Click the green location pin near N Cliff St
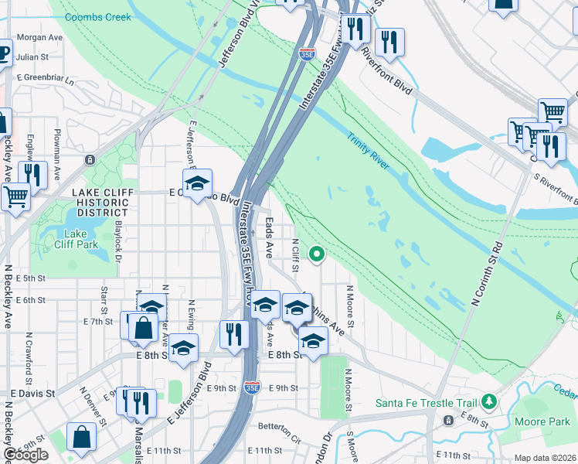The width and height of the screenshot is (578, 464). coord(316,253)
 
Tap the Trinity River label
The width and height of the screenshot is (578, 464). coord(369,154)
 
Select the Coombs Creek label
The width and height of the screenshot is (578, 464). coord(98,17)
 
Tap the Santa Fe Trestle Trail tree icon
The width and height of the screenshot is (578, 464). coord(488,402)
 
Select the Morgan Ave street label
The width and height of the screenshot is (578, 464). coord(39,37)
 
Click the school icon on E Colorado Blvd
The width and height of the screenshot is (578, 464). coord(197,183)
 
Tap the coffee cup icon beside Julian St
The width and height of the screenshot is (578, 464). coord(3,53)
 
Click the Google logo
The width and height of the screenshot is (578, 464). coord(25,455)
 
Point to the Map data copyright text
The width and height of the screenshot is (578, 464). coord(546,459)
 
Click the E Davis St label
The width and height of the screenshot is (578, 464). coord(28,393)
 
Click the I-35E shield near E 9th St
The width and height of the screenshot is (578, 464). coord(252,387)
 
